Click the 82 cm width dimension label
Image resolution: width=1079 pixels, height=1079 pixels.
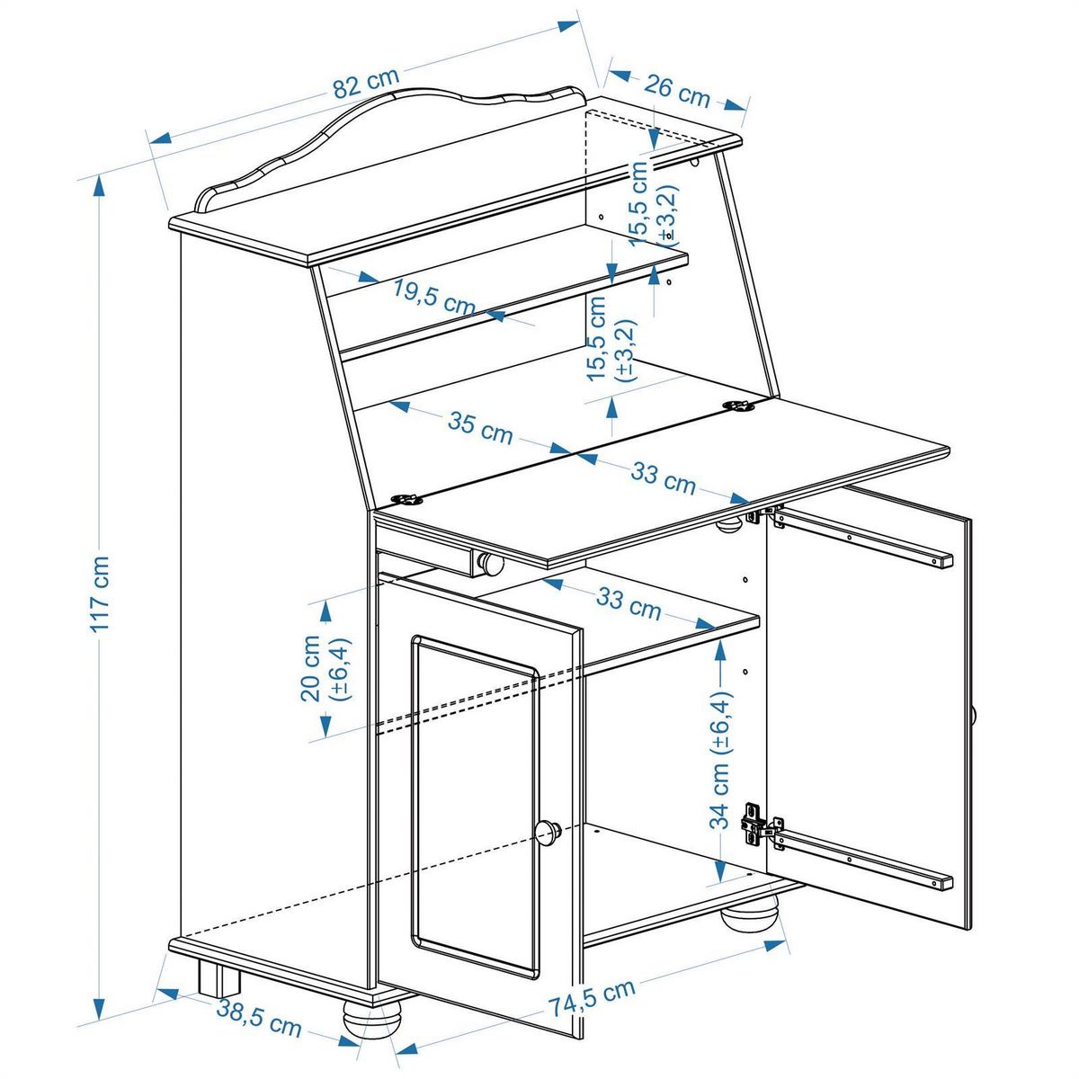[x=366, y=84]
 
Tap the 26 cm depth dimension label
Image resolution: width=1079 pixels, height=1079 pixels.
[x=676, y=93]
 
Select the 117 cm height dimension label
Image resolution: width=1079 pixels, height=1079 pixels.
[x=100, y=594]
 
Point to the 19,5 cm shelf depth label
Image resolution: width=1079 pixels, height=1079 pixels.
[x=433, y=298]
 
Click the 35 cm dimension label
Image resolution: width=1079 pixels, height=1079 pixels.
[x=480, y=428]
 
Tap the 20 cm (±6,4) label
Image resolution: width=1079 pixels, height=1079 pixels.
[x=325, y=669]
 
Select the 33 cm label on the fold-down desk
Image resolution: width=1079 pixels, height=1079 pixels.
[x=663, y=477]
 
